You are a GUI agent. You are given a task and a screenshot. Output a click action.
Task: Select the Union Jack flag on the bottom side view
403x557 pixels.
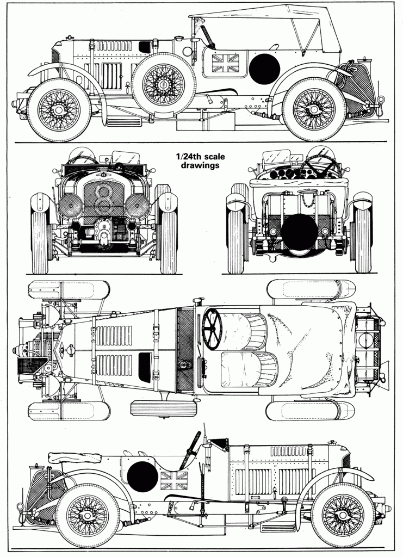pos(173,480)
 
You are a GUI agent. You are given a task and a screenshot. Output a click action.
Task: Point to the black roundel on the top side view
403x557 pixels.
pos(265,69)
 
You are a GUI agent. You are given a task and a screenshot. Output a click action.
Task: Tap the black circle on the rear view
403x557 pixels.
pos(299,231)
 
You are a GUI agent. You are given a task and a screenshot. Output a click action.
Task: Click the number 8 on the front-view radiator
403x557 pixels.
pos(103,199)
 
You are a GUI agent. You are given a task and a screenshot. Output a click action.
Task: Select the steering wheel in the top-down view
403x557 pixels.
pos(212,329)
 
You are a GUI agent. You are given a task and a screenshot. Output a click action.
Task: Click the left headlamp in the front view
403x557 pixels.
pos(71,207)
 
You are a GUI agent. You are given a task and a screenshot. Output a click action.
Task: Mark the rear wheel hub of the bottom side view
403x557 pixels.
pos(88,515)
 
